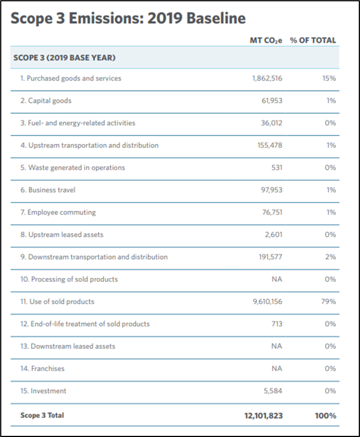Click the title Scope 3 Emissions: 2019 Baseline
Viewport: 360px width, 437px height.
[x=128, y=18]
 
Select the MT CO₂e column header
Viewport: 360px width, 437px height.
[x=266, y=41]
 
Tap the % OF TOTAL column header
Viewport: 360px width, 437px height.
[x=313, y=41]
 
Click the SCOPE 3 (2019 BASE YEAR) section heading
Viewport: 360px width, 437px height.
[x=65, y=58]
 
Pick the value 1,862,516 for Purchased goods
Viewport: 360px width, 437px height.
[x=267, y=78]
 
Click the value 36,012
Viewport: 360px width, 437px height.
[x=271, y=123]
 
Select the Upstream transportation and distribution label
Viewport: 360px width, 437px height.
[x=89, y=145]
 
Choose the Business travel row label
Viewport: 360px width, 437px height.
[x=48, y=190]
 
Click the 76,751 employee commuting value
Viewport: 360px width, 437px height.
[x=271, y=212]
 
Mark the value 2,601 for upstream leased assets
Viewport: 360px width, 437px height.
[x=272, y=235]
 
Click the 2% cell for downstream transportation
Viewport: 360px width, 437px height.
[x=330, y=257]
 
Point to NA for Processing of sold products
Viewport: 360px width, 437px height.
[x=276, y=279]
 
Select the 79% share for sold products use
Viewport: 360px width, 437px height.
[x=329, y=301]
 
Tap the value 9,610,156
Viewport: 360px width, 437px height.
[x=267, y=301]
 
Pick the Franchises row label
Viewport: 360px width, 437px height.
[x=42, y=368]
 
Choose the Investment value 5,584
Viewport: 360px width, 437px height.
[x=272, y=391]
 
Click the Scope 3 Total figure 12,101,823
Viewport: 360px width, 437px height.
[x=264, y=416]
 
